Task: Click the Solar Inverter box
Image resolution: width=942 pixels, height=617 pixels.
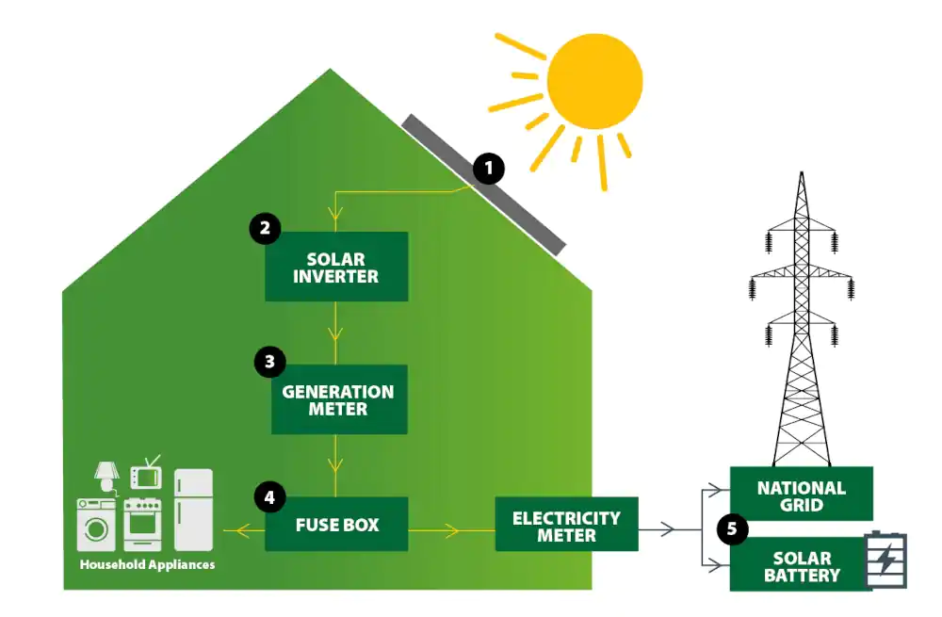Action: point(336,267)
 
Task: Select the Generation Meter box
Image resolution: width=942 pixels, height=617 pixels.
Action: point(339,399)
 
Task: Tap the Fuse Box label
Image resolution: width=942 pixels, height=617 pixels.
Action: point(336,524)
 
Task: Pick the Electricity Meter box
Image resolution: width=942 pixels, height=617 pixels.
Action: point(566,526)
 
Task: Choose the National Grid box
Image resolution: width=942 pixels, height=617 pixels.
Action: point(802,495)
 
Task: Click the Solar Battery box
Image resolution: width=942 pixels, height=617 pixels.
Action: point(801,566)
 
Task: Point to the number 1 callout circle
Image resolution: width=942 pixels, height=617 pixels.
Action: point(488,170)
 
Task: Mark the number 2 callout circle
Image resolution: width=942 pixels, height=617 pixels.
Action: point(266,228)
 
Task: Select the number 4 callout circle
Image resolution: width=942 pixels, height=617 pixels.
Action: point(270,497)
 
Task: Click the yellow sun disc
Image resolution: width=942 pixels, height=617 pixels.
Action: point(594,81)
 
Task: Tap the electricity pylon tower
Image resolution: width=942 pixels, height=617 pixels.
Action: point(802,320)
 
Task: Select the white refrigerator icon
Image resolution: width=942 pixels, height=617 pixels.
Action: point(194,510)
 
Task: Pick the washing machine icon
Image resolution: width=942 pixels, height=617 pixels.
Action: point(96,525)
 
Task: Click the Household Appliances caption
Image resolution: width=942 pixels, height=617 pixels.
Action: point(147,564)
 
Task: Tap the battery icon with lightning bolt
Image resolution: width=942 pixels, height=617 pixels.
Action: point(886,560)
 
